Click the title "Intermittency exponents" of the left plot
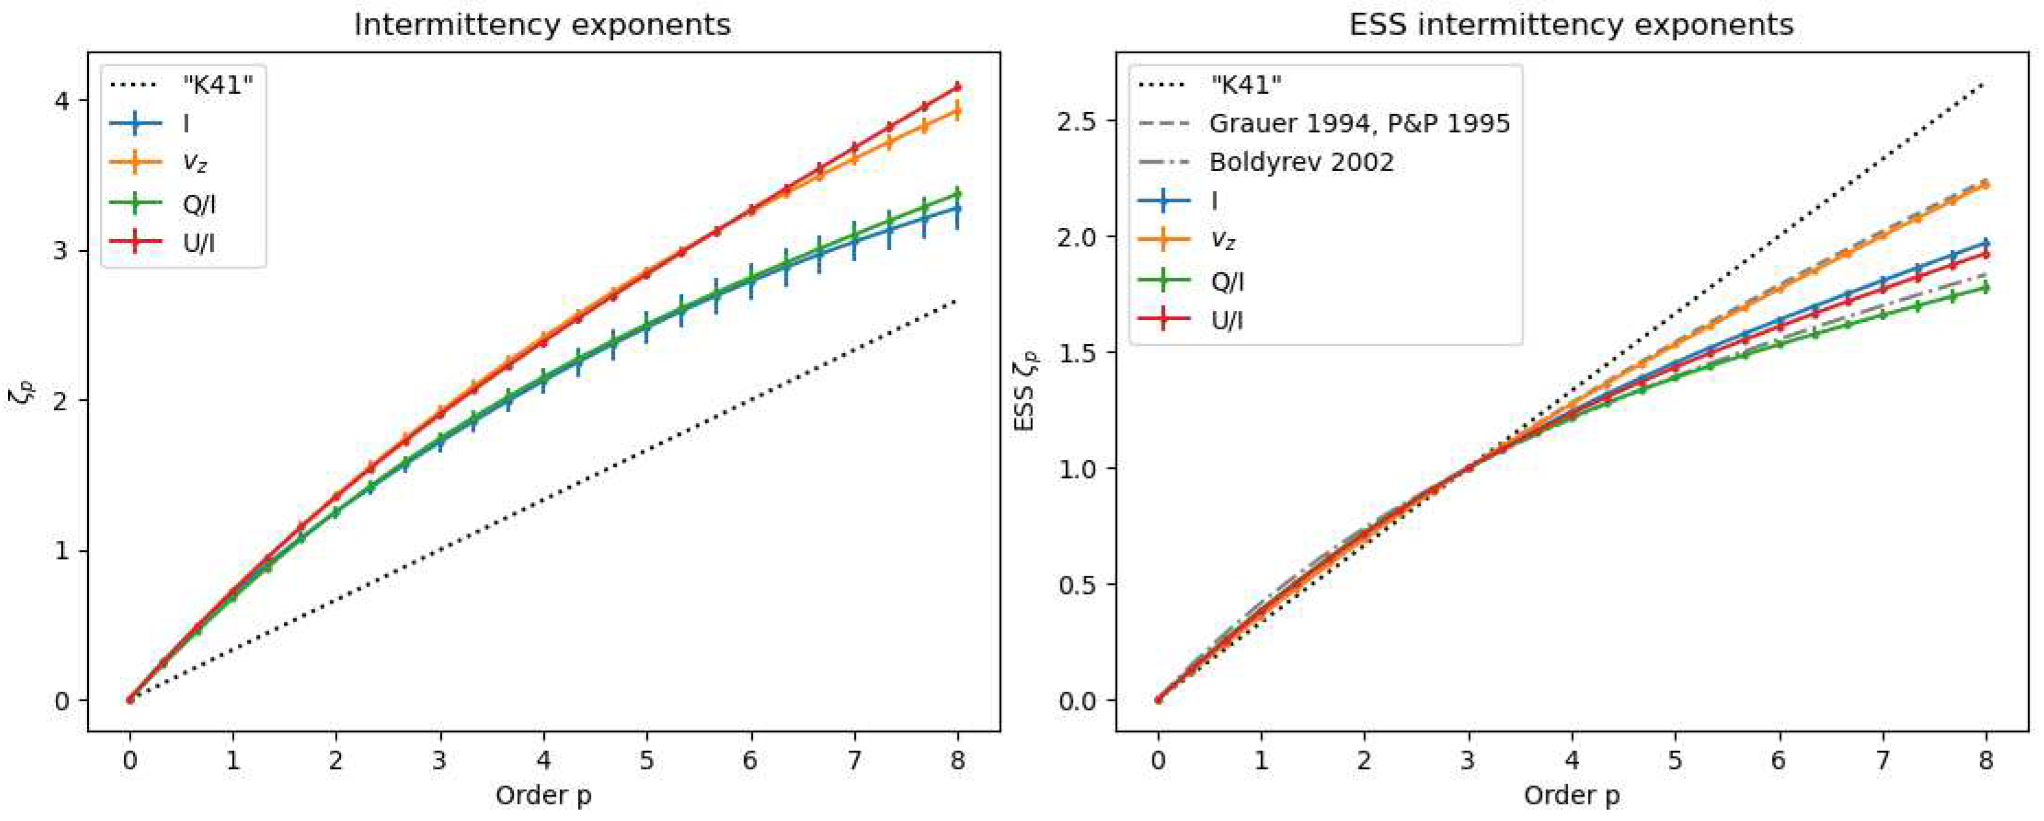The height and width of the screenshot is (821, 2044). coord(542,25)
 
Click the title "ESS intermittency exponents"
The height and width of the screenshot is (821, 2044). coord(1571,25)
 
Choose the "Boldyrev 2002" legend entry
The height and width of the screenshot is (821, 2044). coord(1302,162)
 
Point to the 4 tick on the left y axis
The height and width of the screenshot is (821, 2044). coord(62,101)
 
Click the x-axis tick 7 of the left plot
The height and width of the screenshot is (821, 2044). coord(854,762)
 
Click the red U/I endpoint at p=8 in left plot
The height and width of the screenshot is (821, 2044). coord(958,86)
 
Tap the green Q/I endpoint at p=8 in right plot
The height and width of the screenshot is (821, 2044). coord(1986,289)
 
